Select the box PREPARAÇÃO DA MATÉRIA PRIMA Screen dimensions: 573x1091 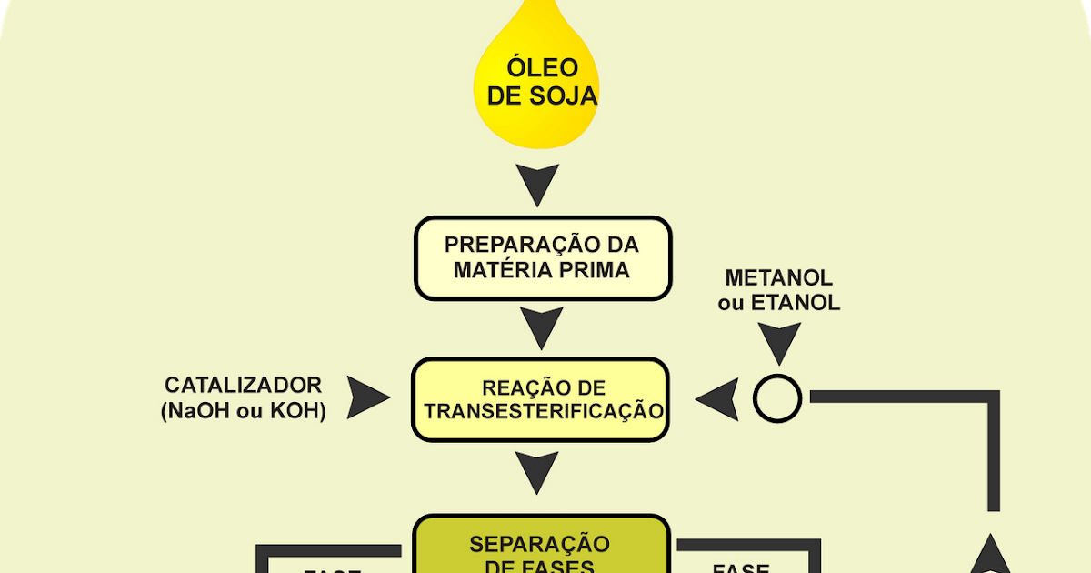[542, 257]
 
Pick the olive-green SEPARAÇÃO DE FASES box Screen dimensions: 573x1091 [542, 546]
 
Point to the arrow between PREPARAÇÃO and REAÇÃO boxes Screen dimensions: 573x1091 [542, 327]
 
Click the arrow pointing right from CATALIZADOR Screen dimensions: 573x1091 [369, 398]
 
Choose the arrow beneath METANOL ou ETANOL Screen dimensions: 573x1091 [779, 344]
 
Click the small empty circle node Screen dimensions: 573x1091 [777, 398]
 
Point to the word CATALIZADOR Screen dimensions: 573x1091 [243, 385]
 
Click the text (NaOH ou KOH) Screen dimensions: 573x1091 [243, 410]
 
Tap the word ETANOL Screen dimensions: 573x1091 [796, 303]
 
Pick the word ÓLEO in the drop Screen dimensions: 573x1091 [542, 67]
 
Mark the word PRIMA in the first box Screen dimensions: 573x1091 [596, 270]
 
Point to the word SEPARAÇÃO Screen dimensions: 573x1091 [539, 544]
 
